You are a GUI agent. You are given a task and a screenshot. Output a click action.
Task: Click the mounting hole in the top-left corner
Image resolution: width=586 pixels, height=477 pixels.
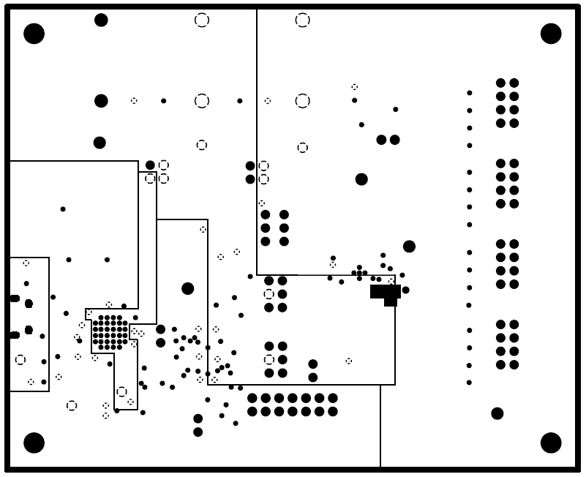(34, 34)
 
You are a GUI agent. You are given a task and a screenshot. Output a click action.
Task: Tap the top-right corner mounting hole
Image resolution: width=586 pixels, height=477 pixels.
(551, 34)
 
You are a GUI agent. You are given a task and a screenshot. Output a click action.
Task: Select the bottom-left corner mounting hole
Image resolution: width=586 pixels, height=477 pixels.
(34, 443)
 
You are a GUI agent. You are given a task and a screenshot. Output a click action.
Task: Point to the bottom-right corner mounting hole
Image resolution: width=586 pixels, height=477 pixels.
(551, 443)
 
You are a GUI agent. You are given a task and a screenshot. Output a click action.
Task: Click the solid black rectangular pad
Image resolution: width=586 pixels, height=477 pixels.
(385, 293)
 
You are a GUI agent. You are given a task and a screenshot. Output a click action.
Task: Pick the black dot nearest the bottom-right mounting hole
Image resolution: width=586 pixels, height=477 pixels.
(497, 413)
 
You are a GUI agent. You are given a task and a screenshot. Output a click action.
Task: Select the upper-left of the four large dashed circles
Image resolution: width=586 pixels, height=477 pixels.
(202, 20)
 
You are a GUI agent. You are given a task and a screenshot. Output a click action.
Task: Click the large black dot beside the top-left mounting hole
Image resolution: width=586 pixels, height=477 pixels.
(101, 20)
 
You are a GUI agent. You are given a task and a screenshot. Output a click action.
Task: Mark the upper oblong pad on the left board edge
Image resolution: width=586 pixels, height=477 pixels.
(15, 298)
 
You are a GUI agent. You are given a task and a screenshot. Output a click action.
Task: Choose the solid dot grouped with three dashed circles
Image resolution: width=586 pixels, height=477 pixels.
(150, 165)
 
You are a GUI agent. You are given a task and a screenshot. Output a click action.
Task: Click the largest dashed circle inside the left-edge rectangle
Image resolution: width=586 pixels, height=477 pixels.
(20, 359)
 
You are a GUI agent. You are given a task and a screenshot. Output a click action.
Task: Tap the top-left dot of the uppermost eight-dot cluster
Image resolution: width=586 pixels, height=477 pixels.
(500, 83)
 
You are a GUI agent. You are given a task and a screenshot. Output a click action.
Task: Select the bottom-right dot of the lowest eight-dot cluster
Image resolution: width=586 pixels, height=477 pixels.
(514, 364)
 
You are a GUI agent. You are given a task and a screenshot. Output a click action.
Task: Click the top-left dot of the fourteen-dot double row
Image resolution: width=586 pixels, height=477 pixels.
(252, 398)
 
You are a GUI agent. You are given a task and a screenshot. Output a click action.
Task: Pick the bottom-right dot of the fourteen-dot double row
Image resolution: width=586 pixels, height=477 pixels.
(333, 412)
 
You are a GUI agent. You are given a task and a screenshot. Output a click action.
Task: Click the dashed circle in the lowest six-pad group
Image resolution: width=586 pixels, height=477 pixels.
(269, 359)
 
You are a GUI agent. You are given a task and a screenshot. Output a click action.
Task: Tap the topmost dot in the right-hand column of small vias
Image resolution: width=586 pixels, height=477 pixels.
(470, 93)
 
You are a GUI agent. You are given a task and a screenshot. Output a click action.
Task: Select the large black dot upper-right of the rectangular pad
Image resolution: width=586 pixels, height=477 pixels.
(409, 247)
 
